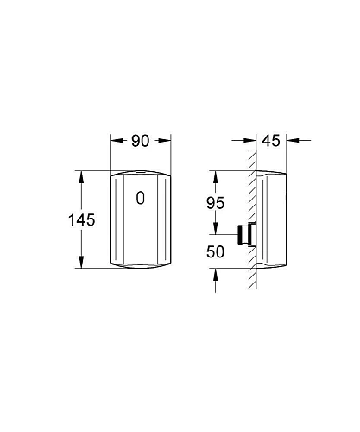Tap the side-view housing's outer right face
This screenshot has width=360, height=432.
pos(284,219)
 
